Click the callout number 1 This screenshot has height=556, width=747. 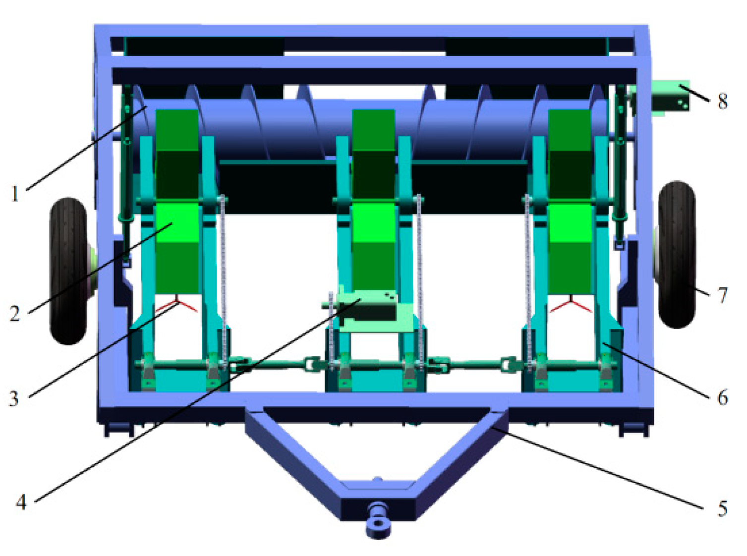pos(14,194)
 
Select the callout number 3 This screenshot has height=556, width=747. pos(13,398)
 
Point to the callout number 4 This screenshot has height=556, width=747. pos(21,503)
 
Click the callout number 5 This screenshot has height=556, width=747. pos(722,508)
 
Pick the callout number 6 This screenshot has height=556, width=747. pos(723,398)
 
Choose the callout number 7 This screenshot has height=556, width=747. pos(723,295)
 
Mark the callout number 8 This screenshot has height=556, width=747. pos(722,101)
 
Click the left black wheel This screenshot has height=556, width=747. pos(69,271)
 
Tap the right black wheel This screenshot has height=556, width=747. pos(676,255)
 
